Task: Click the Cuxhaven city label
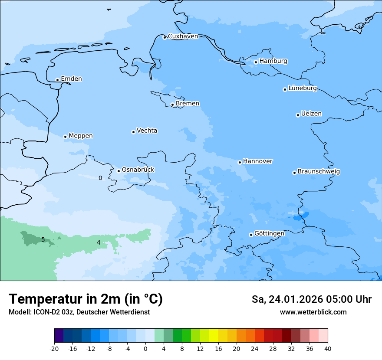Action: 183,36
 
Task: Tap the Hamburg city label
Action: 273,61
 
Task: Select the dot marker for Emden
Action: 57,80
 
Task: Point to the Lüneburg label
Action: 302,88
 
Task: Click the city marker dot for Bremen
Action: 172,105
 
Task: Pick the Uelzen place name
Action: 311,114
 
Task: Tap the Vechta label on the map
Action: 147,131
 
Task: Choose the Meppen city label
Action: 80,136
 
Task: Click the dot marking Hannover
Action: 240,162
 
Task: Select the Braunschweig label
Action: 319,172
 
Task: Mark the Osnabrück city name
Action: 138,170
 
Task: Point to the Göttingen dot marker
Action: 251,235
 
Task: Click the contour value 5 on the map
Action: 43,239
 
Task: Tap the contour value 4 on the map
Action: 99,242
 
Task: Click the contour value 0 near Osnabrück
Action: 100,178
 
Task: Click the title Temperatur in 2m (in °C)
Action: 86,299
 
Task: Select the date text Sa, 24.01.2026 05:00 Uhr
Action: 311,299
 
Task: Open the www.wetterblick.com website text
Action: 313,312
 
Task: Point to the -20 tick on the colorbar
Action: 54,349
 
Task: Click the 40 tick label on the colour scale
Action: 327,349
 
